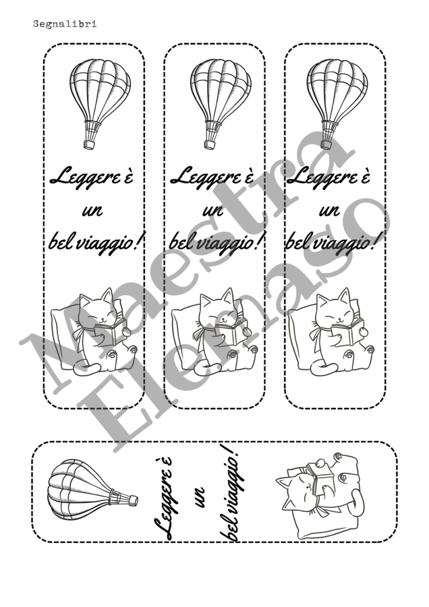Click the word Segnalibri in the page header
[65, 24]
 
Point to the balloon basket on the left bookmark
[90, 145]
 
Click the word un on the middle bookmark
[213, 210]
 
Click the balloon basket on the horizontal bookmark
[134, 501]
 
